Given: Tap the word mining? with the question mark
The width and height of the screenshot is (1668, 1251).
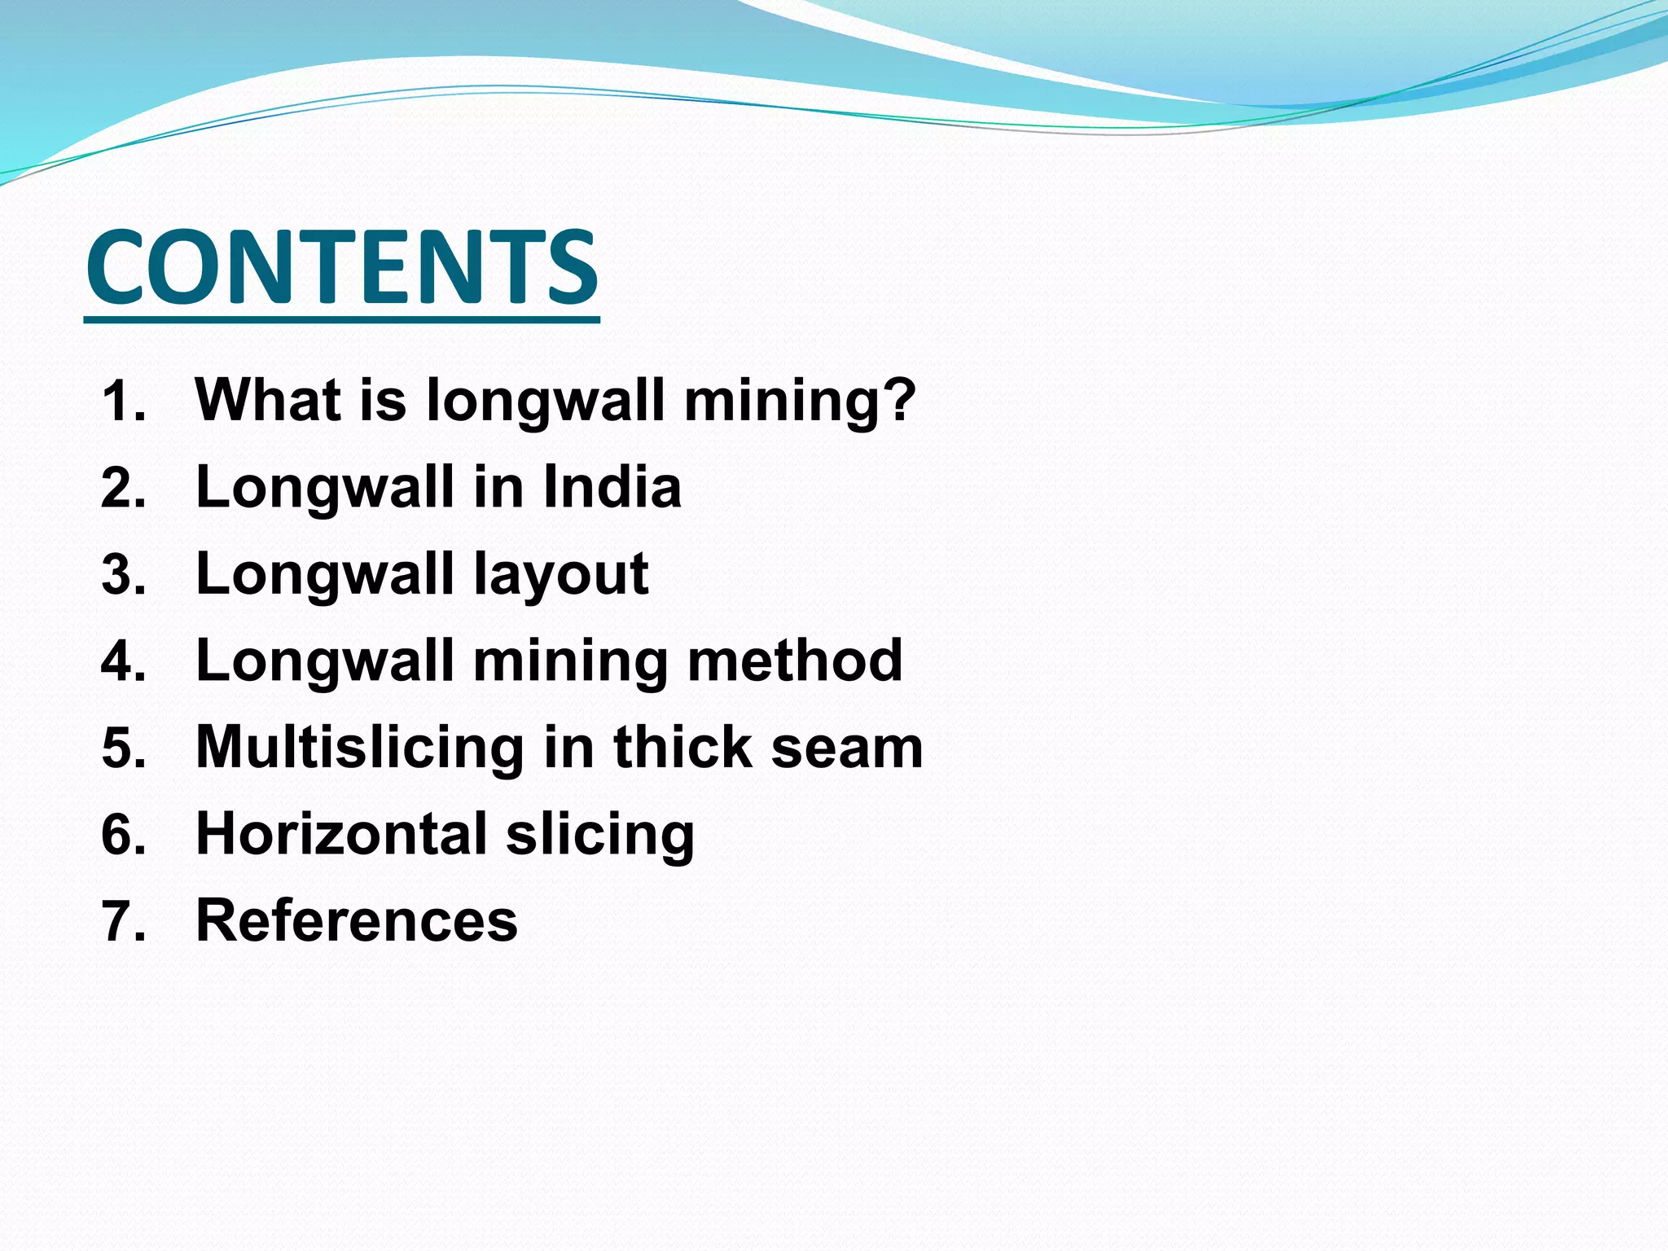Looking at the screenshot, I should (x=800, y=402).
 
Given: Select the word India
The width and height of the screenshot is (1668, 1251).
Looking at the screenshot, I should (x=612, y=487).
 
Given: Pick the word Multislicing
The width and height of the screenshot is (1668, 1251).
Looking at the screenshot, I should (x=360, y=748).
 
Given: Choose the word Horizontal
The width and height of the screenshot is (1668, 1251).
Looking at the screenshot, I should (x=341, y=834).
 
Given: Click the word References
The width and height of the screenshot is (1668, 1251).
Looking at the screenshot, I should (x=357, y=920).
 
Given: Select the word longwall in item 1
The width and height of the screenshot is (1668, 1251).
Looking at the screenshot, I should (x=545, y=402).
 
